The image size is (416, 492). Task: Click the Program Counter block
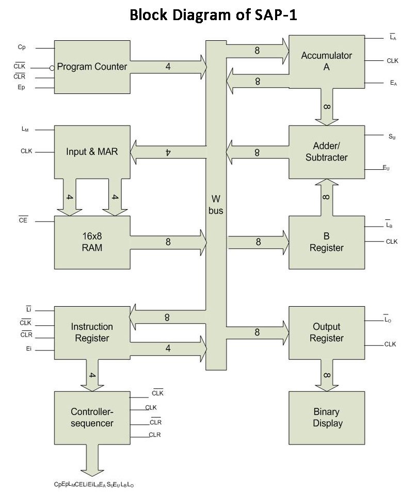tap(92, 67)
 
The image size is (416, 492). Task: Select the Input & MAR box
tap(92, 152)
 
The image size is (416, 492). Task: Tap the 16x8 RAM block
tap(92, 242)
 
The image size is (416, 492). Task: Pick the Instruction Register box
tap(92, 332)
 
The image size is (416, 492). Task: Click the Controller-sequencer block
tap(92, 418)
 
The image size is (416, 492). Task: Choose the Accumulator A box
tap(327, 61)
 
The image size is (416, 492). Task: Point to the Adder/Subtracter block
tap(327, 152)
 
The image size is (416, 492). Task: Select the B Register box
tap(327, 242)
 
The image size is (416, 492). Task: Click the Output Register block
tap(327, 332)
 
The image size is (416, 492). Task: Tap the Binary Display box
tap(327, 418)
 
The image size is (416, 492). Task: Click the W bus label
tap(216, 204)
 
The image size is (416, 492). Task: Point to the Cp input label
tap(22, 47)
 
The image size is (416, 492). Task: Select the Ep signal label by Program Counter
tap(21, 87)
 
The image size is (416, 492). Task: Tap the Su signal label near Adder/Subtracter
tap(392, 136)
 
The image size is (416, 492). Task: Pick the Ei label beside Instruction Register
tap(28, 348)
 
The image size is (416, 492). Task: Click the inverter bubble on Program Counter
tap(52, 68)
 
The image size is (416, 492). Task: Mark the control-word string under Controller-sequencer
tap(94, 484)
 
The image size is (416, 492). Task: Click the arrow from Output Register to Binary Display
tap(327, 375)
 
